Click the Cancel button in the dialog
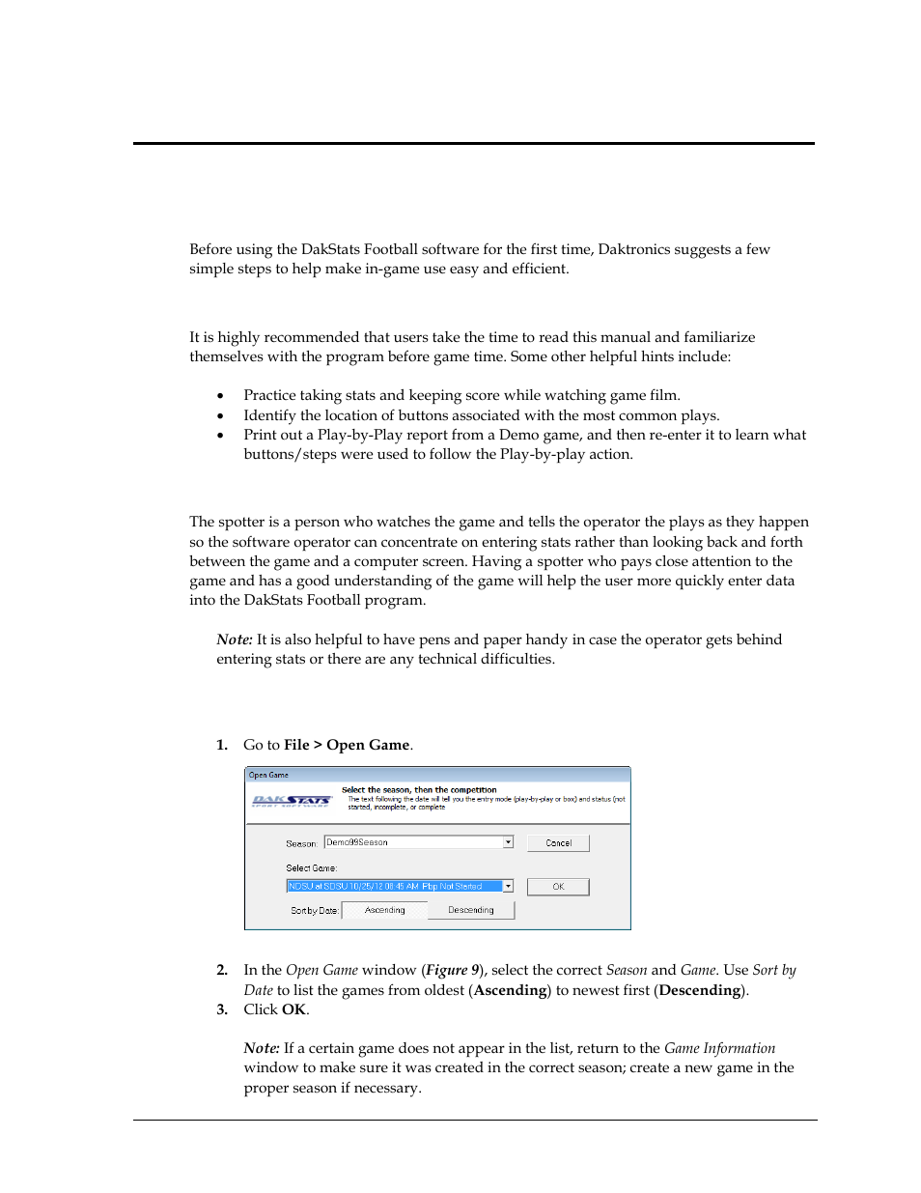pyautogui.click(x=558, y=843)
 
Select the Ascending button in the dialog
pyautogui.click(x=384, y=910)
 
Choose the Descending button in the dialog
pyautogui.click(x=471, y=910)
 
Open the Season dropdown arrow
pyautogui.click(x=508, y=842)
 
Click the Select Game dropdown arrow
pyautogui.click(x=508, y=886)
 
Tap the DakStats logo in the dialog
pyautogui.click(x=292, y=801)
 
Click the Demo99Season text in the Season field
pyautogui.click(x=357, y=842)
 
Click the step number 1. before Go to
pyautogui.click(x=222, y=745)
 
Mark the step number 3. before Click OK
pyautogui.click(x=222, y=1009)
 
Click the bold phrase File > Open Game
pyautogui.click(x=347, y=745)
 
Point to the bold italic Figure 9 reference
pyautogui.click(x=453, y=970)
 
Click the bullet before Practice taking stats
pyautogui.click(x=221, y=396)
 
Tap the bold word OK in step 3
pyautogui.click(x=293, y=1009)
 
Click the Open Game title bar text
pyautogui.click(x=268, y=775)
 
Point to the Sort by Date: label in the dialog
pyautogui.click(x=314, y=911)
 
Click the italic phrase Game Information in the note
pyautogui.click(x=719, y=1048)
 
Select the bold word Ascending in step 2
pyautogui.click(x=510, y=990)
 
